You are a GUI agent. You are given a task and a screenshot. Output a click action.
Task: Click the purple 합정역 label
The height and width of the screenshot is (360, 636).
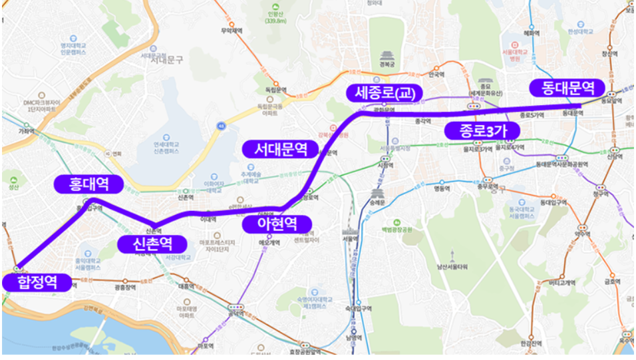(x=36, y=282)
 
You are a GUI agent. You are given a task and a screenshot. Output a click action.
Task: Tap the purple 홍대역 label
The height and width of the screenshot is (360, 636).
(x=90, y=184)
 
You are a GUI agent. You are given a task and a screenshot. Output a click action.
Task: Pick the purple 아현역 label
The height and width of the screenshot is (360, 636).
(x=277, y=224)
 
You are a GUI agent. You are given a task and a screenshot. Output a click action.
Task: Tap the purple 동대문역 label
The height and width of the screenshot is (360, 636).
(x=567, y=87)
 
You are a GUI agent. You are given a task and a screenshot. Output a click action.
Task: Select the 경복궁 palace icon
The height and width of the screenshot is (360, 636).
(x=387, y=57)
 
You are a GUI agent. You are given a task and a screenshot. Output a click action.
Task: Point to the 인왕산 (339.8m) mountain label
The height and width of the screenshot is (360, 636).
(x=275, y=17)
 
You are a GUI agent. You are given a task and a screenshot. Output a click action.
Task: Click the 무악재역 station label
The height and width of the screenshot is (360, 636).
(x=230, y=31)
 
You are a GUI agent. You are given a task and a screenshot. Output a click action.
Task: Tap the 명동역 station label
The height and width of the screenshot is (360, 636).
(x=442, y=188)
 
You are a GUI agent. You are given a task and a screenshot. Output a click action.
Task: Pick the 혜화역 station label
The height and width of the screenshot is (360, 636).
(x=532, y=31)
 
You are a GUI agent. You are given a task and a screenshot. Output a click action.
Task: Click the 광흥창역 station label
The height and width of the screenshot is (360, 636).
(x=125, y=287)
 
